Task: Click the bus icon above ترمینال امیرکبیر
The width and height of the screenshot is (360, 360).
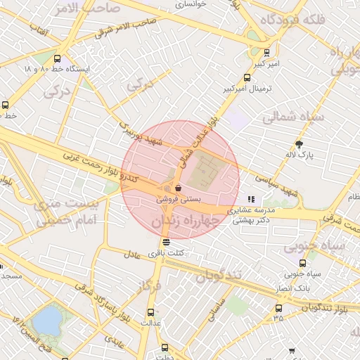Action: tap(247, 78)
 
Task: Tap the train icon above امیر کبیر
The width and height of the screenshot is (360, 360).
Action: tap(266, 53)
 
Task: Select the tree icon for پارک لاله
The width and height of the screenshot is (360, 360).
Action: tap(300, 143)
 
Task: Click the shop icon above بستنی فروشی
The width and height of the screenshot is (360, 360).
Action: tap(179, 188)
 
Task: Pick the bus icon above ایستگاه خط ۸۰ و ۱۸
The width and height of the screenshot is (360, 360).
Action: tap(57, 60)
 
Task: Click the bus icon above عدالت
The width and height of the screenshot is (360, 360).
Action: tap(150, 312)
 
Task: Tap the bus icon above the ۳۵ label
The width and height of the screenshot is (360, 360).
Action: tap(278, 307)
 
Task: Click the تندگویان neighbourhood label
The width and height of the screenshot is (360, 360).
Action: tap(219, 275)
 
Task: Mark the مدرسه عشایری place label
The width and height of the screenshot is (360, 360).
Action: tap(250, 210)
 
